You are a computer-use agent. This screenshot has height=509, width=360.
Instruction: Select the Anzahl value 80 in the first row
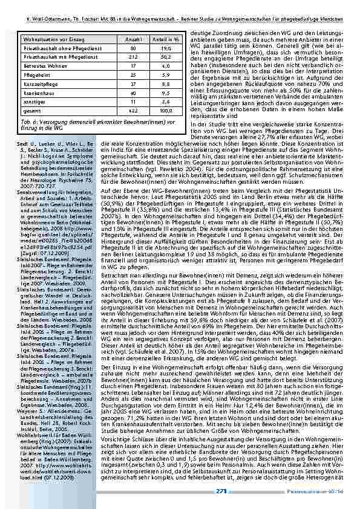134,42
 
